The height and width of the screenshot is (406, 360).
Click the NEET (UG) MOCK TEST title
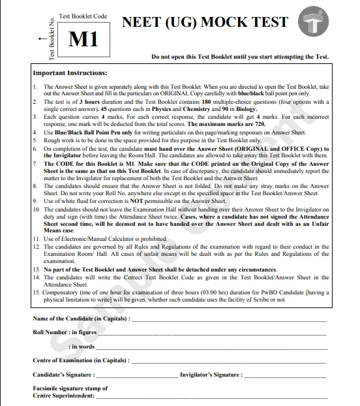tap(205, 22)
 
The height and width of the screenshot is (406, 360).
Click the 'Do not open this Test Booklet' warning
tap(239, 57)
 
